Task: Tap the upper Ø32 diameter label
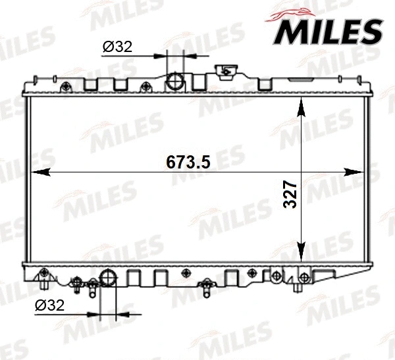point(118,47)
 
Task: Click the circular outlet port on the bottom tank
point(109,276)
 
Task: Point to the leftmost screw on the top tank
point(65,86)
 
